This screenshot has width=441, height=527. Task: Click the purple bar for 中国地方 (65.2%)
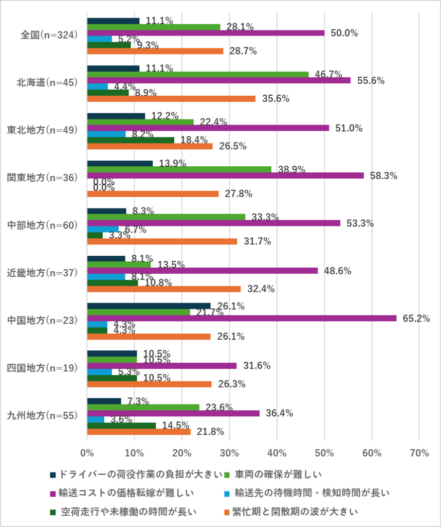pyautogui.click(x=242, y=318)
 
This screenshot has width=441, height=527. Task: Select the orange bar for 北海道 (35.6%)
pyautogui.click(x=171, y=99)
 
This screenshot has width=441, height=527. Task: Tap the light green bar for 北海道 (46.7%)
pyautogui.click(x=198, y=74)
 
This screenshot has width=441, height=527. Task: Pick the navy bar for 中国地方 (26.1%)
pyautogui.click(x=149, y=306)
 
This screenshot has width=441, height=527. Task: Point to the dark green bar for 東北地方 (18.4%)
pyautogui.click(x=131, y=140)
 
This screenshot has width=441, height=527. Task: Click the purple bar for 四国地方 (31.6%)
pyautogui.click(x=162, y=366)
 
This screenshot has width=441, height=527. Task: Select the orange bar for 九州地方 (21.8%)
pyautogui.click(x=139, y=432)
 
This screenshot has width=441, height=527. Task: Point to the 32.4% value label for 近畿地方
pyautogui.click(x=261, y=289)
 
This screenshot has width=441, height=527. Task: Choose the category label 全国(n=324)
pyautogui.click(x=49, y=36)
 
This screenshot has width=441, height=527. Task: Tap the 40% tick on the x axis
pyautogui.click(x=277, y=453)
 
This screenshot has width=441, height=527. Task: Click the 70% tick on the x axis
pyautogui.click(x=419, y=453)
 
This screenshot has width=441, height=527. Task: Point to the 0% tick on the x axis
pyautogui.click(x=87, y=453)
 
